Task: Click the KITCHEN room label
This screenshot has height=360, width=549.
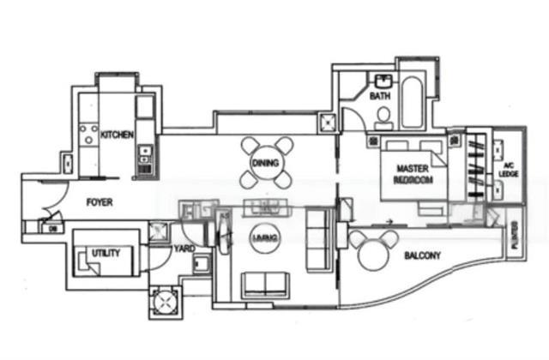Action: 117,135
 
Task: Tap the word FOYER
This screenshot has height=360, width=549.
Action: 101,202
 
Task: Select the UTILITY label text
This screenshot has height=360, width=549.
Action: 106,253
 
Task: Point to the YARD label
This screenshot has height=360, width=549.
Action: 184,249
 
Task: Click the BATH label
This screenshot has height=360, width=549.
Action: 380,97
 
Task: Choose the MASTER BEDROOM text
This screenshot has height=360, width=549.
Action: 413,174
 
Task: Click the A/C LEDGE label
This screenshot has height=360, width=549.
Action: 509,169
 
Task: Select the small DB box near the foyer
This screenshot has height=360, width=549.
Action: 51,227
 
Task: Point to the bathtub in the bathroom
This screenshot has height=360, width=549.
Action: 412,102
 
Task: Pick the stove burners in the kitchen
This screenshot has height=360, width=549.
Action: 87,135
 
